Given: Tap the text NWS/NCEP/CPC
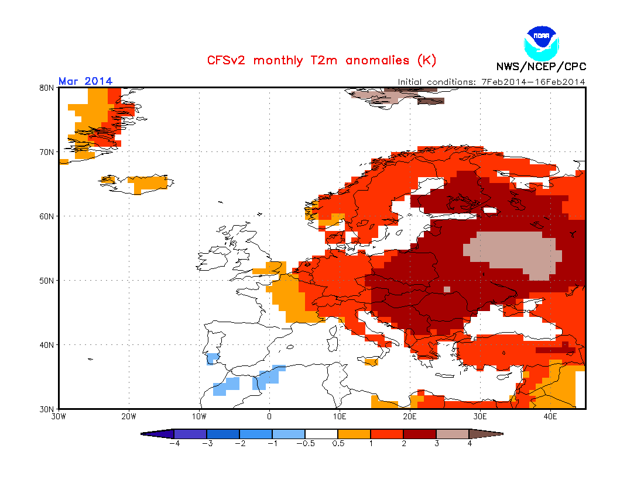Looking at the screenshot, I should (x=540, y=67).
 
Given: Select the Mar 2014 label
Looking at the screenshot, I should (x=85, y=81).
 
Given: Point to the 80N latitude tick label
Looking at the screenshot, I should (x=47, y=88).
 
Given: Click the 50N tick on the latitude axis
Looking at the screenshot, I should (x=47, y=281).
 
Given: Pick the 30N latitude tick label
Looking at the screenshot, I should (x=47, y=409).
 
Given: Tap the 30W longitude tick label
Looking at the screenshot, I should (x=59, y=417).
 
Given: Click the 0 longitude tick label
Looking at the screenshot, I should (x=269, y=417).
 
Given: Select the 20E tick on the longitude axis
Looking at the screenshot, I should (x=410, y=417).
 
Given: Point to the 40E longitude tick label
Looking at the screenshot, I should (x=550, y=417).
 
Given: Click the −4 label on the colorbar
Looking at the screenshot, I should (x=173, y=443).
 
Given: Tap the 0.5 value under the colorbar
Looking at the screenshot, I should (x=338, y=443).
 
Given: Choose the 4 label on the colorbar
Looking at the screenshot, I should (x=470, y=443).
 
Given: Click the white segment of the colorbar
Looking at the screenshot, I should (x=321, y=434).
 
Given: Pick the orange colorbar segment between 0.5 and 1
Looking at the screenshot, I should (x=354, y=434).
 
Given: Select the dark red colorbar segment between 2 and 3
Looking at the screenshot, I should (x=420, y=434).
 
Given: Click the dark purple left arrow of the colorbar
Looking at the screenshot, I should (x=158, y=434).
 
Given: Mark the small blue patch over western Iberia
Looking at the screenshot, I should (x=213, y=357).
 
